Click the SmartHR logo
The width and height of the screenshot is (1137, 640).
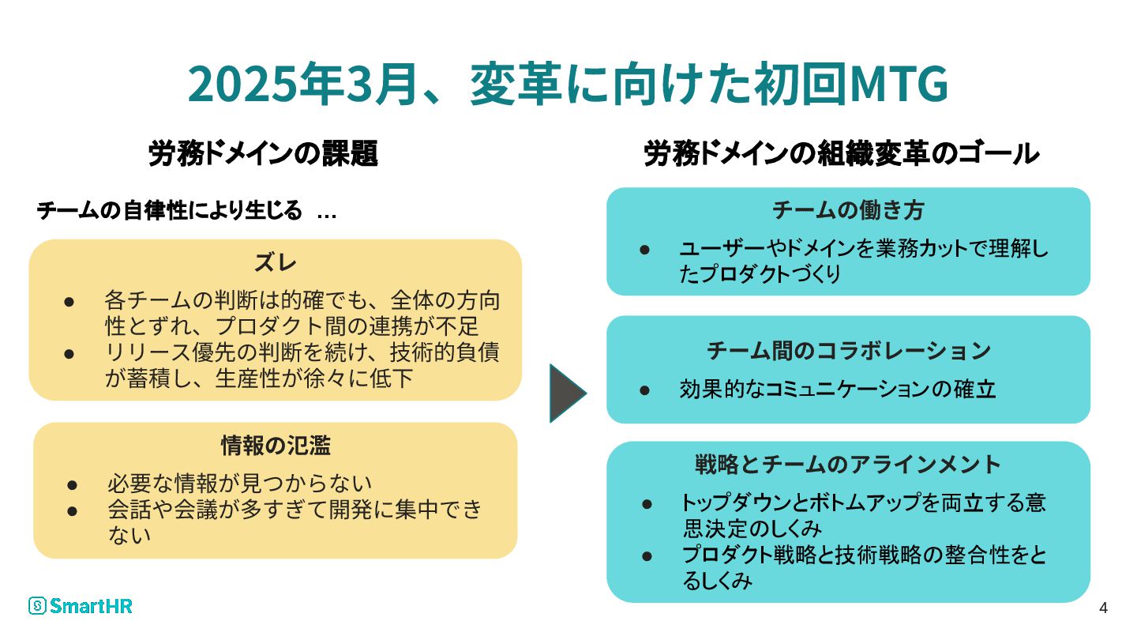click(80, 606)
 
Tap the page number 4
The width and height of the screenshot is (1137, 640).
click(1103, 608)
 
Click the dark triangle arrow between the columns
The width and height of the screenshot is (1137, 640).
click(567, 393)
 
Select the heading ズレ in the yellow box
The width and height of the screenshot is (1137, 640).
click(275, 264)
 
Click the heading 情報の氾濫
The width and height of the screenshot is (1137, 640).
click(275, 446)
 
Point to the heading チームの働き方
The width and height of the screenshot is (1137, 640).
click(848, 211)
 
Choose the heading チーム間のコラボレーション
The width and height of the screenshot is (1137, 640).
click(848, 350)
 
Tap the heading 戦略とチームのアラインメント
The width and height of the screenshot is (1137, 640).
click(848, 465)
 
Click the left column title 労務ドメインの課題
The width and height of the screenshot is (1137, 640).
click(263, 154)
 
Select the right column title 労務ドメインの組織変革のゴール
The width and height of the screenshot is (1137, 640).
click(842, 154)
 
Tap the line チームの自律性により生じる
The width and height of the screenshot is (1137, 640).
click(170, 212)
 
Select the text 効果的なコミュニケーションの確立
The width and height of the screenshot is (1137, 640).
click(837, 390)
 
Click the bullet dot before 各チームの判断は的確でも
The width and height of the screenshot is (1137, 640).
click(69, 302)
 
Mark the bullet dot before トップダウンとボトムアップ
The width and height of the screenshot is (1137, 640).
click(647, 503)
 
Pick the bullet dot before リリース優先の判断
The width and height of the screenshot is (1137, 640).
click(69, 353)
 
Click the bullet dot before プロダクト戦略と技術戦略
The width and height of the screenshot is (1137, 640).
click(647, 555)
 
